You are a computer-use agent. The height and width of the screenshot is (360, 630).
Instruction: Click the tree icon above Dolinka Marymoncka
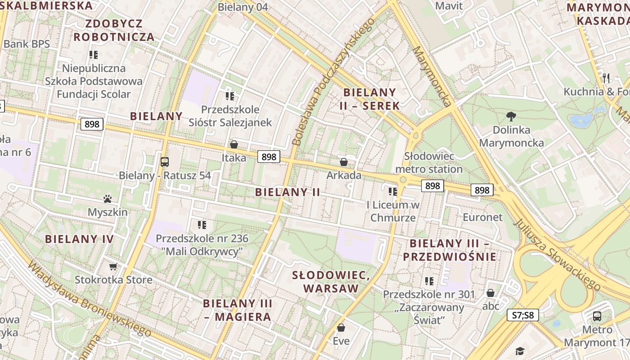[x=511, y=117]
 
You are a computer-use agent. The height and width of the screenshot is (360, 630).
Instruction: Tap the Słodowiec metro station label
[x=429, y=162]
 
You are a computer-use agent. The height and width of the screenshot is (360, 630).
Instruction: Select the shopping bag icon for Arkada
[x=344, y=162]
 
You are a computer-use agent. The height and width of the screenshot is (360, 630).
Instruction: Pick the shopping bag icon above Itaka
[x=234, y=144]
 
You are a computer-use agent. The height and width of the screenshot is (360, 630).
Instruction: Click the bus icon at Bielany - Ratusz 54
[x=165, y=162]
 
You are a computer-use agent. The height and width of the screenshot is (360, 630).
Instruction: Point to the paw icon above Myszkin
[x=107, y=199]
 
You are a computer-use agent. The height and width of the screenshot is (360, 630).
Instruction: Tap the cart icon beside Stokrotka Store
[x=113, y=267]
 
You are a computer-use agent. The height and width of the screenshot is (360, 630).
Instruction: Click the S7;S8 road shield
[x=522, y=315]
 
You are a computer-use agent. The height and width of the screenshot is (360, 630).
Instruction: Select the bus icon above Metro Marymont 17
[x=597, y=316]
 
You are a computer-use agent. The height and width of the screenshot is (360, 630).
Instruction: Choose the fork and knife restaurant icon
[x=606, y=78]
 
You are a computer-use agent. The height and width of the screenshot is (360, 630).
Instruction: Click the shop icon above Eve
[x=341, y=328]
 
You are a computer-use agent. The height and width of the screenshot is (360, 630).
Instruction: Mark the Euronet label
[x=482, y=217]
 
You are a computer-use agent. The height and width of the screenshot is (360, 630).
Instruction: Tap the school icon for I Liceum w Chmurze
[x=393, y=192]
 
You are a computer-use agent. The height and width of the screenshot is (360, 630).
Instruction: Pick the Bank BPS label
[x=26, y=44]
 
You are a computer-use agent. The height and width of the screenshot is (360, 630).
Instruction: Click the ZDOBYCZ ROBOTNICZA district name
[x=114, y=30]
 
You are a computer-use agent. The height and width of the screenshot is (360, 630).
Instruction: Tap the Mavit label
[x=449, y=6]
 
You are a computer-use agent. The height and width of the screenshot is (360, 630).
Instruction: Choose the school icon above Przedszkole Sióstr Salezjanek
[x=230, y=96]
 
